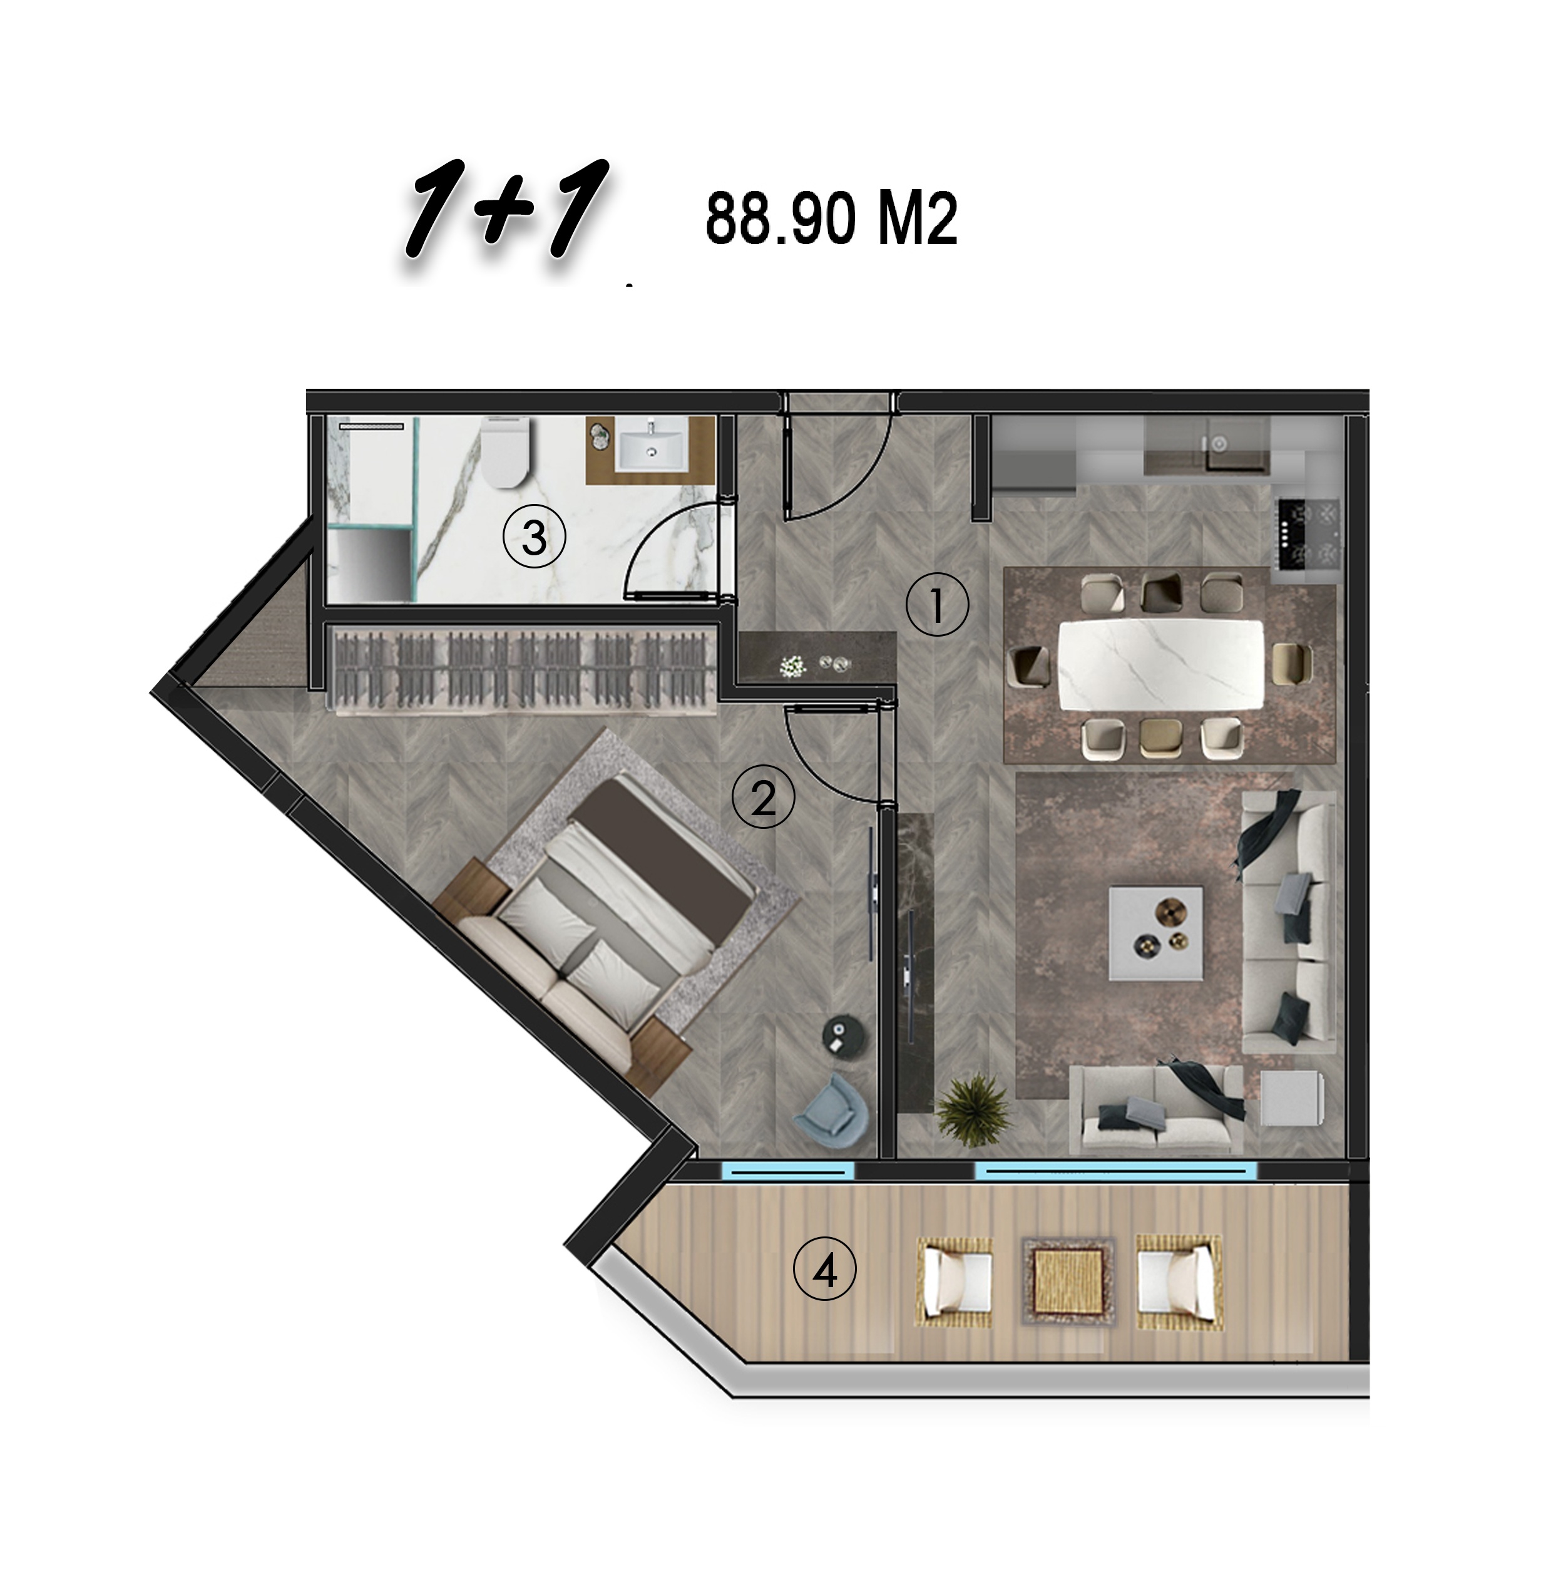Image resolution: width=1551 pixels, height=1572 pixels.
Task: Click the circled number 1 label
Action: point(937,605)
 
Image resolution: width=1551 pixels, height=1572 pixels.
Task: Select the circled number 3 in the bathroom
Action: point(533,537)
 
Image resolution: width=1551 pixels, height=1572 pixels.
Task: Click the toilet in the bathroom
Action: point(505,453)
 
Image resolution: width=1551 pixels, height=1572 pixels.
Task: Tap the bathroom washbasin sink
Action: point(652,443)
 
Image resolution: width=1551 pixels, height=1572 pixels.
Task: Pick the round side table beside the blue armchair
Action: point(837,1034)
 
